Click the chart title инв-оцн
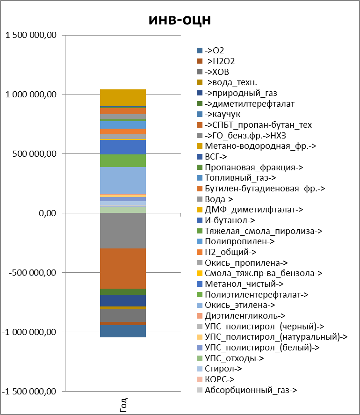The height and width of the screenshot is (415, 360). click(x=180, y=20)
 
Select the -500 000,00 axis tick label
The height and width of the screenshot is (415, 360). click(x=32, y=273)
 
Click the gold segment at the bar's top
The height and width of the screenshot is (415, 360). click(x=123, y=97)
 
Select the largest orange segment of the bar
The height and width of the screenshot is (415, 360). click(x=123, y=269)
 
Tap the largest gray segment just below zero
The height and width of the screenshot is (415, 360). click(x=123, y=231)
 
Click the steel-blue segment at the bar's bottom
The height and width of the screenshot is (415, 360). click(x=123, y=331)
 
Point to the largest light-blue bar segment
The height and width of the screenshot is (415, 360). click(x=123, y=180)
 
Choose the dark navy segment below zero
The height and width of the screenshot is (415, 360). click(x=123, y=300)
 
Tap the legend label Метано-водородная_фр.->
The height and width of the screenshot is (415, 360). click(x=261, y=146)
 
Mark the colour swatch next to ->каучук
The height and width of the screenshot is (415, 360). click(x=200, y=114)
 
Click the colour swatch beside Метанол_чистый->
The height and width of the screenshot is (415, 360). click(x=200, y=284)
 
